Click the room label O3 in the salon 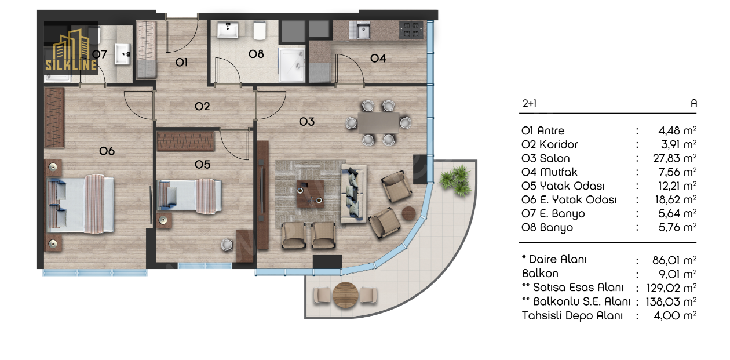click(x=306, y=122)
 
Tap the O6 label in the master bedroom click(x=107, y=151)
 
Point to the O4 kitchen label click(x=378, y=59)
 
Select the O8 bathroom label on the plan click(x=256, y=54)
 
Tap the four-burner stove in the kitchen click(x=411, y=30)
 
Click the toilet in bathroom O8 click(x=260, y=31)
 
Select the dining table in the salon click(x=378, y=123)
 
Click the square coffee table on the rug click(x=311, y=194)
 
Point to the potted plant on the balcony click(x=455, y=180)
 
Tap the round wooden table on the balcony click(x=345, y=294)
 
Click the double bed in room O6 click(x=81, y=205)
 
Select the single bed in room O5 click(x=189, y=196)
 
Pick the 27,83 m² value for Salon click(x=674, y=158)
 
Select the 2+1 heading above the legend click(x=530, y=103)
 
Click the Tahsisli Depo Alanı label click(x=572, y=315)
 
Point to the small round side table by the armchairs click(x=408, y=213)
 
